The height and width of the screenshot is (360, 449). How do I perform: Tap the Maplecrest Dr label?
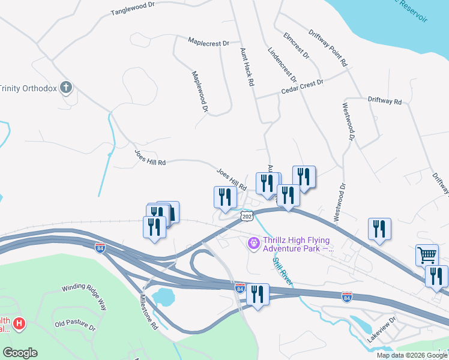coord(209,43)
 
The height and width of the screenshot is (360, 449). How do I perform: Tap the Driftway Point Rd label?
coord(328,47)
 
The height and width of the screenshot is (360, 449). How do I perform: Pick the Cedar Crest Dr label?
coord(303,88)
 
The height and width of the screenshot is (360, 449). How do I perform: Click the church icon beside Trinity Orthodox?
coord(67,88)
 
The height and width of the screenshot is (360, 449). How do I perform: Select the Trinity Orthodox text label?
coord(28,88)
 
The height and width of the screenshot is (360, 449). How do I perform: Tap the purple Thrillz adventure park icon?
coord(254,242)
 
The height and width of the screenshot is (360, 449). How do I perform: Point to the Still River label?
coord(283,272)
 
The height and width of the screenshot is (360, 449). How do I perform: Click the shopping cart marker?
coord(427,254)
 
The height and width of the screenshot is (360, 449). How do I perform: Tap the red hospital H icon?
coord(20,325)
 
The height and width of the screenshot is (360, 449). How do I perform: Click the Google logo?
coord(20,353)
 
